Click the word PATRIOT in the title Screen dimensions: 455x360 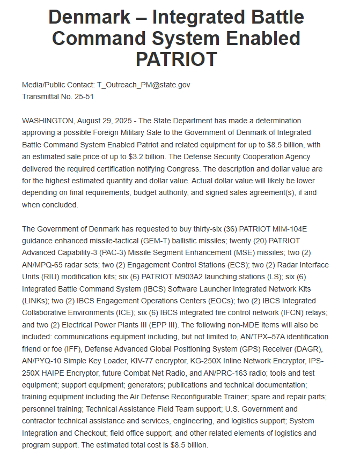pos(176,59)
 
